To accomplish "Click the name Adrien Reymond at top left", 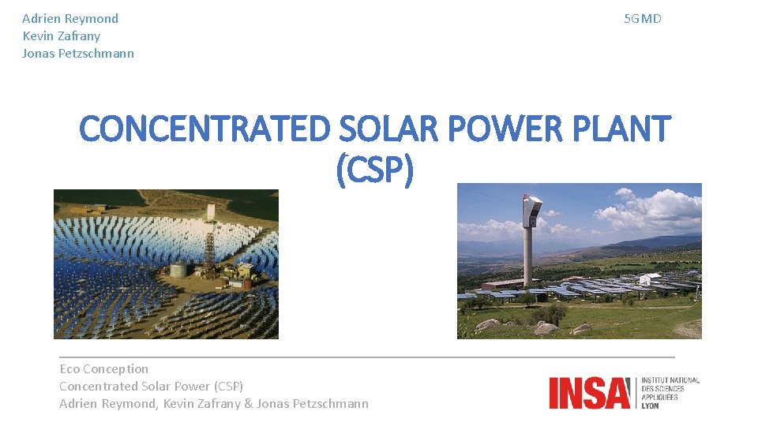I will pyautogui.click(x=70, y=18).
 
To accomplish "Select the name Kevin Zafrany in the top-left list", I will pyautogui.click(x=62, y=35).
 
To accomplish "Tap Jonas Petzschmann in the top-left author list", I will pyautogui.click(x=78, y=54).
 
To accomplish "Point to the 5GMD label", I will pyautogui.click(x=642, y=18).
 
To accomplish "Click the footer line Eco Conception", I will pyautogui.click(x=103, y=368).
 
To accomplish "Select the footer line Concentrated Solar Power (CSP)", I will pyautogui.click(x=151, y=386).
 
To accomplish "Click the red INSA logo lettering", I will pyautogui.click(x=591, y=393).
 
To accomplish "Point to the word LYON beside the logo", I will pyautogui.click(x=651, y=405).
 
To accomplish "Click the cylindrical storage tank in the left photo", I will pyautogui.click(x=179, y=269).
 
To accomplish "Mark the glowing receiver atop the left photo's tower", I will pyautogui.click(x=211, y=211).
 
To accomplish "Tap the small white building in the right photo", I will pyautogui.click(x=649, y=278).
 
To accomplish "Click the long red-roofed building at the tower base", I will pyautogui.click(x=505, y=283).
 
